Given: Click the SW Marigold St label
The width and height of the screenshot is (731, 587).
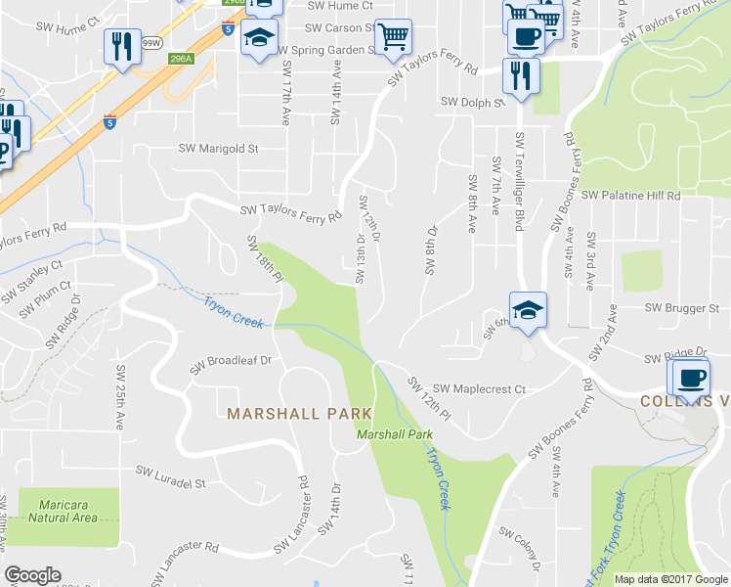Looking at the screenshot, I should click(218, 149).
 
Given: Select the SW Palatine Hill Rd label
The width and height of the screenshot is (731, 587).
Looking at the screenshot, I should click(630, 196).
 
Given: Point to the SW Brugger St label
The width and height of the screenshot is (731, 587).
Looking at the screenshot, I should click(681, 307).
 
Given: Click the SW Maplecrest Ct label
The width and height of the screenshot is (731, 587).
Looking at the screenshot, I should click(479, 389).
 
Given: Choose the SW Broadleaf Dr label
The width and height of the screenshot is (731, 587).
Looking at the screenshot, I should click(230, 360).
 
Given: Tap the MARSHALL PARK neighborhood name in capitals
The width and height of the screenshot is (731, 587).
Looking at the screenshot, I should click(286, 414).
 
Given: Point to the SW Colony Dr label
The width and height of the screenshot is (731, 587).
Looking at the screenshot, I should click(519, 550).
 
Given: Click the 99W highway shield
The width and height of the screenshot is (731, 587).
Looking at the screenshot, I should click(151, 43).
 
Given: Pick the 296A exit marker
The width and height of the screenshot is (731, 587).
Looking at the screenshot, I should click(181, 59).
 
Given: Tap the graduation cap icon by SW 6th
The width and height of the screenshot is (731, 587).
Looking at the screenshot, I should click(528, 310).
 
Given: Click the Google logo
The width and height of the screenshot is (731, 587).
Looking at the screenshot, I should click(32, 576).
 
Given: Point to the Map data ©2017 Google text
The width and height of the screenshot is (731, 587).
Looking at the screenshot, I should click(669, 579).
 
